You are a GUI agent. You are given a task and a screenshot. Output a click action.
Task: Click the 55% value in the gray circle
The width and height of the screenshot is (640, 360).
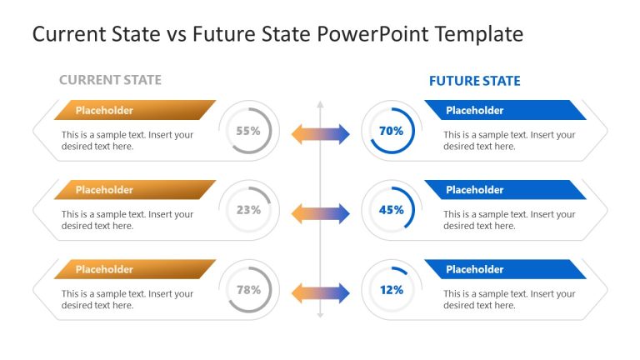(248, 131)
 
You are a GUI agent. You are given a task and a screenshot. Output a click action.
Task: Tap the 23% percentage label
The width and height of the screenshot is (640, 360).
(248, 210)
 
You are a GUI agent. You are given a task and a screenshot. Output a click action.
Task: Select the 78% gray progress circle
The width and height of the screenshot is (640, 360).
(248, 290)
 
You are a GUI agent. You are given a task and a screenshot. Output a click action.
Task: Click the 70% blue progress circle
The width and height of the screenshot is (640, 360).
(391, 131)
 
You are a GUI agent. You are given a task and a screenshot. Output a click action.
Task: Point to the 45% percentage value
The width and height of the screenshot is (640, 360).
(391, 210)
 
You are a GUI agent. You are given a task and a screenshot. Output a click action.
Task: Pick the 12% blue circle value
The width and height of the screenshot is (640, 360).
(391, 290)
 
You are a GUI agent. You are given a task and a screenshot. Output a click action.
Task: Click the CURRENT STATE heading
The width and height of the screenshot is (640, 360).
(110, 80)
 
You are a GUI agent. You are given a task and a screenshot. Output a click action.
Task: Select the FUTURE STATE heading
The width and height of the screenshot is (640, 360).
(474, 81)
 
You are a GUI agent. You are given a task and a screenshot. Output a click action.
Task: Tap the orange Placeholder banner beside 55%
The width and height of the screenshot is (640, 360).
(133, 110)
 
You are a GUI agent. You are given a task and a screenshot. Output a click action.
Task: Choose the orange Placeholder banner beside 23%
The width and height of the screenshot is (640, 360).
(133, 190)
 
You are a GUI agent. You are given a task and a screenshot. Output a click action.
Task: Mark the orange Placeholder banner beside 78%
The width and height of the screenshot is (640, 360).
(133, 269)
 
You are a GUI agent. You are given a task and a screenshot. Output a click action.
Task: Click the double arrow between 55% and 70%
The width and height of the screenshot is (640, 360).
(320, 134)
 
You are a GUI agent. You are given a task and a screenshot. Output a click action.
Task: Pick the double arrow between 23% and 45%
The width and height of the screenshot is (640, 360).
(320, 213)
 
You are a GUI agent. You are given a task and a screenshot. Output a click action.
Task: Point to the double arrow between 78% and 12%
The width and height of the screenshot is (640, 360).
(320, 293)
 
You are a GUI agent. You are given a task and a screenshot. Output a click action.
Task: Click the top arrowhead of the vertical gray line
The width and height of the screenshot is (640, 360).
(320, 105)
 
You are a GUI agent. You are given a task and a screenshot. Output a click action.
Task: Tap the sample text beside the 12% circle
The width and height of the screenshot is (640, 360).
(508, 299)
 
